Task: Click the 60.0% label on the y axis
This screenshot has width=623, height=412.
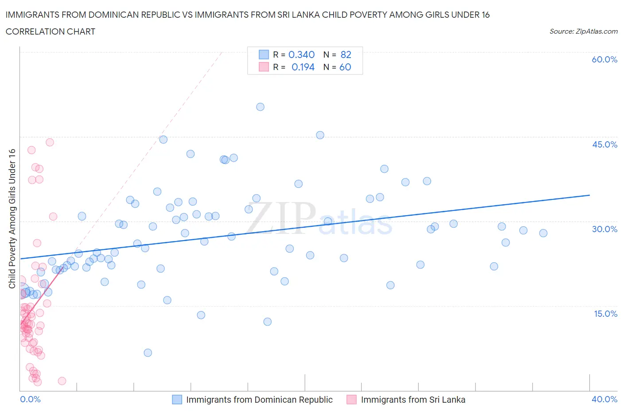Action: [x=604, y=59]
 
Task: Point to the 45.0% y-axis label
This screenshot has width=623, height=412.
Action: [x=604, y=144]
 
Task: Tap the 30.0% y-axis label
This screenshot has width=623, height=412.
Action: [x=604, y=229]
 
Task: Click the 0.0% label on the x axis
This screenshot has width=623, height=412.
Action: [x=30, y=399]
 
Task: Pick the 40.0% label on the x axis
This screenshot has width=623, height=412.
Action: [x=604, y=399]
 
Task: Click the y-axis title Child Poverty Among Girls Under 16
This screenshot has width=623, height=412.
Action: [x=12, y=218]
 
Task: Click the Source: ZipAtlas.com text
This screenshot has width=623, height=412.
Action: [x=583, y=31]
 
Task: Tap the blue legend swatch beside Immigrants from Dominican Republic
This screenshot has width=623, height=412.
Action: [x=177, y=400]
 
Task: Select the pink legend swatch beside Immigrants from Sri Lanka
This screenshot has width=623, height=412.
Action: [x=352, y=400]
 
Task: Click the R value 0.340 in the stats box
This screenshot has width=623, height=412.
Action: [x=301, y=54]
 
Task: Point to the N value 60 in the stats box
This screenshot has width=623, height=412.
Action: [x=345, y=67]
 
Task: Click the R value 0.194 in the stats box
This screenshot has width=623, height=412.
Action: [x=303, y=67]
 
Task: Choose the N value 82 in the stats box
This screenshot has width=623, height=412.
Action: [x=346, y=54]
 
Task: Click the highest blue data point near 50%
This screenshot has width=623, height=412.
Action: [x=260, y=107]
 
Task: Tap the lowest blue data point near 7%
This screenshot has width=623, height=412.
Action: [x=148, y=353]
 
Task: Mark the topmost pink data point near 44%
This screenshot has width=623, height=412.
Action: [x=50, y=142]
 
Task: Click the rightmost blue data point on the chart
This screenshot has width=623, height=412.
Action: [x=543, y=233]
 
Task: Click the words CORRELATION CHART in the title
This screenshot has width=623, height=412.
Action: [x=51, y=31]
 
